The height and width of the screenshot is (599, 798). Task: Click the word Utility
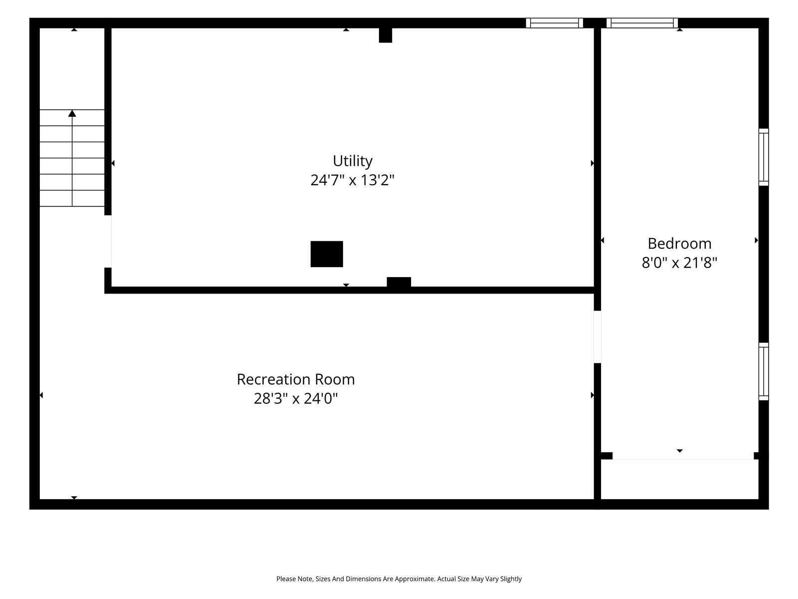pos(352,161)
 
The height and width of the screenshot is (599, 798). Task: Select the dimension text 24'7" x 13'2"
pos(352,180)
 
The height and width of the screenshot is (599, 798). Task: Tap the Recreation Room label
pos(296,379)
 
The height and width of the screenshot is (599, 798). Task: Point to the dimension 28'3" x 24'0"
pos(296,399)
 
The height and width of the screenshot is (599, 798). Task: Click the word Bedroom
pos(679,244)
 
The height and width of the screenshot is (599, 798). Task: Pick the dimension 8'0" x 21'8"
pos(679,263)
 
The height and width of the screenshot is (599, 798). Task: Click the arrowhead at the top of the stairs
pos(72,113)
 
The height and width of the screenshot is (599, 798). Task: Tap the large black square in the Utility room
pos(327,254)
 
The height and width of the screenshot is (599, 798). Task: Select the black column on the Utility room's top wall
pos(386,35)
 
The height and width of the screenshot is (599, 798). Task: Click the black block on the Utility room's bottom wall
pos(399,282)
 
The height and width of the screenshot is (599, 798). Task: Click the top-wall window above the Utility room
pos(555,23)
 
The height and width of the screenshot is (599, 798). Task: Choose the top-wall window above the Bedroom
pos(642,23)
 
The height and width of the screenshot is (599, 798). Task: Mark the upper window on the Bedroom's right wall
pos(763,157)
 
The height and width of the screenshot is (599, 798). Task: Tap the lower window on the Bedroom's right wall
pos(763,371)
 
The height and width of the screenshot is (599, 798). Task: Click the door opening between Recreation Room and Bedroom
pos(597,337)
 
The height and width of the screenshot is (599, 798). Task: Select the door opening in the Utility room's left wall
pos(108,242)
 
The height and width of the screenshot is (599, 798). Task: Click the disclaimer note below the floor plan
pos(399,579)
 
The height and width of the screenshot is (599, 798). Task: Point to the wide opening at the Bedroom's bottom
pos(683,456)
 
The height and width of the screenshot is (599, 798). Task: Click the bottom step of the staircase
pos(72,198)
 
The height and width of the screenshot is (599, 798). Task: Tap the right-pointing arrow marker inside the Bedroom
pos(756,240)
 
